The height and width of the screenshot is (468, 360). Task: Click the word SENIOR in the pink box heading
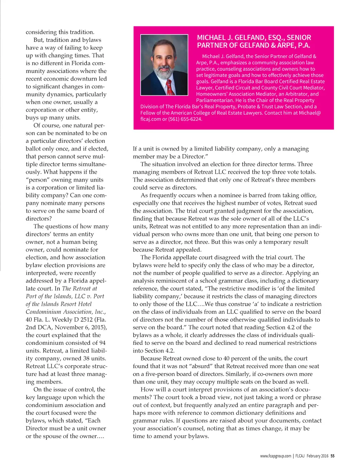coord(299,38)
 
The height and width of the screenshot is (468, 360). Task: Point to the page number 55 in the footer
coord(333,456)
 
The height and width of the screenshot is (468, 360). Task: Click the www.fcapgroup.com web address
coord(276,456)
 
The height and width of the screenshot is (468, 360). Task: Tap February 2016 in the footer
coord(317,456)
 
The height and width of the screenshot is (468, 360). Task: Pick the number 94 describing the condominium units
coord(102,343)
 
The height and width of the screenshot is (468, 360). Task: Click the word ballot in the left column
coord(34,148)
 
